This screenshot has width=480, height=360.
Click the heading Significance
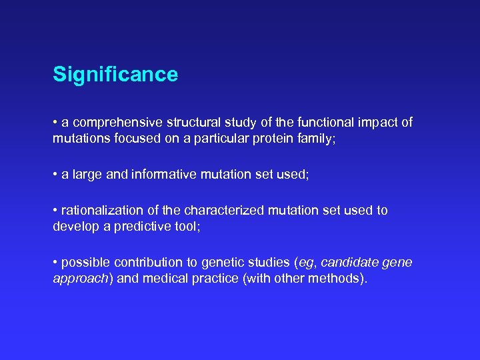(115, 74)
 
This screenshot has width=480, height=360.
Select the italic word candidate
(348, 262)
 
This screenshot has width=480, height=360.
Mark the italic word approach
(80, 279)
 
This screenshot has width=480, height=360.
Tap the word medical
(167, 279)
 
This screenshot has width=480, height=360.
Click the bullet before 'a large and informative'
(55, 175)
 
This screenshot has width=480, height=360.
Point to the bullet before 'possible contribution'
(55, 263)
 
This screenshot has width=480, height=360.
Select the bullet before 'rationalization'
(55, 211)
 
